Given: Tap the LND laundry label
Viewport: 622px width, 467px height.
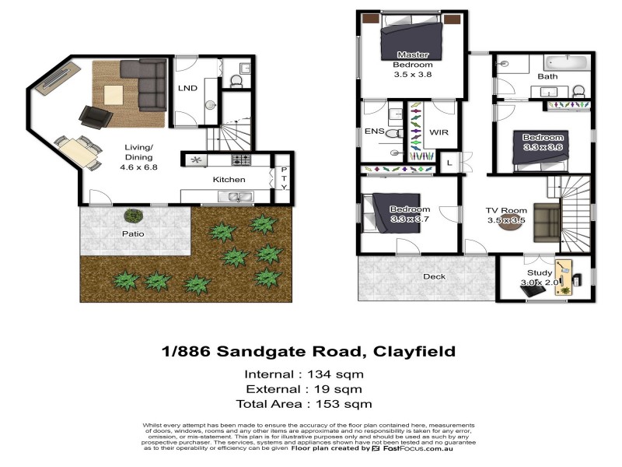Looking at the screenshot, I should [187, 88].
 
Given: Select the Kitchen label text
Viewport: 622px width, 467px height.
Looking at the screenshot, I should [229, 180].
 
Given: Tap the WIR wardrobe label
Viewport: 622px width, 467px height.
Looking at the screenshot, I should [439, 132].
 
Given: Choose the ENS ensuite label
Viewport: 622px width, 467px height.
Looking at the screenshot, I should [375, 132].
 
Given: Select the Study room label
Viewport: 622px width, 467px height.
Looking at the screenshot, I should [539, 273].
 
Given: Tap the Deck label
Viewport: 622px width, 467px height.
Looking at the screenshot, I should [434, 277].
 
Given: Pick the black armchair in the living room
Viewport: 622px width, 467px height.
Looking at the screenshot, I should [96, 117].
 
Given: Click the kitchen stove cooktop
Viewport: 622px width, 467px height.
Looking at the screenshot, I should [240, 160].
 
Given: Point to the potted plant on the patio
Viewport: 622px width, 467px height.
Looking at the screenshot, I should [134, 216].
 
